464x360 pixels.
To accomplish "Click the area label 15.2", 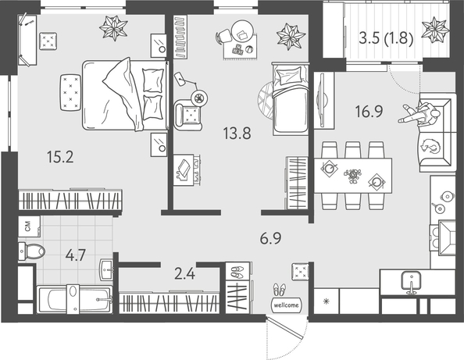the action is pyautogui.click(x=60, y=157).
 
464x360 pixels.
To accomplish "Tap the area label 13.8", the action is pyautogui.click(x=237, y=133).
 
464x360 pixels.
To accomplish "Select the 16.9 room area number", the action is pyautogui.click(x=369, y=112).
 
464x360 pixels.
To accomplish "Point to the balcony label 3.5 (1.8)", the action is pyautogui.click(x=386, y=38).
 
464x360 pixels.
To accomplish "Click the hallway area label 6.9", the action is pyautogui.click(x=270, y=238).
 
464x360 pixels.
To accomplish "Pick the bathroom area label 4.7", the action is pyautogui.click(x=76, y=255).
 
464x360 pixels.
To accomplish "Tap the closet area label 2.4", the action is pyautogui.click(x=184, y=273).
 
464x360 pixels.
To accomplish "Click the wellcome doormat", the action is pyautogui.click(x=287, y=305).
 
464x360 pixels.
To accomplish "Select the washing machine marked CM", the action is pyautogui.click(x=29, y=226).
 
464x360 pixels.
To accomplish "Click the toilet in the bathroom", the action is pyautogui.click(x=31, y=251).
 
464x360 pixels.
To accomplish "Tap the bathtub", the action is pyautogui.click(x=74, y=299).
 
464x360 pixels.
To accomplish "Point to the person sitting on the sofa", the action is pyautogui.click(x=419, y=115).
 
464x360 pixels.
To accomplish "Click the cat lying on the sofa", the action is pyautogui.click(x=431, y=146).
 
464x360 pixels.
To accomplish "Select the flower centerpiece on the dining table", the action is pyautogui.click(x=352, y=176).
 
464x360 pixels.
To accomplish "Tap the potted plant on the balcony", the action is pyautogui.click(x=435, y=30).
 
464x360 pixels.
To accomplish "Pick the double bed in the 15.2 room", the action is pyautogui.click(x=125, y=94).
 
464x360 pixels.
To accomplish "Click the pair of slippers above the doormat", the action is pyautogui.click(x=280, y=289).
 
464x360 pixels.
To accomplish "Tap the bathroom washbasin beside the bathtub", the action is pyautogui.click(x=106, y=269).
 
